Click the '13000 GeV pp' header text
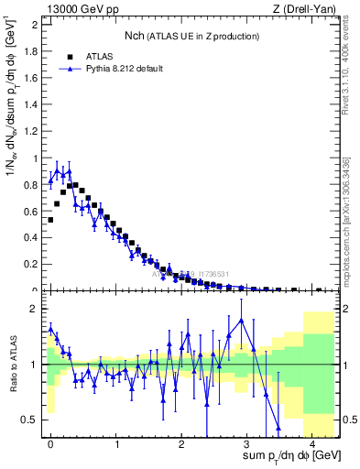78,9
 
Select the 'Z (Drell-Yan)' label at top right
307,9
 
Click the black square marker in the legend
70,55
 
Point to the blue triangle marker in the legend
70,68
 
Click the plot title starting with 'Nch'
191,36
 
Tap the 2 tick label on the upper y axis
34,24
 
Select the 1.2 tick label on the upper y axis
30,131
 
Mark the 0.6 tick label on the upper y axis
30,212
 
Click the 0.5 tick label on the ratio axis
29,420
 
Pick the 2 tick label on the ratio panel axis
34,309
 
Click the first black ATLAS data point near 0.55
50,220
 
